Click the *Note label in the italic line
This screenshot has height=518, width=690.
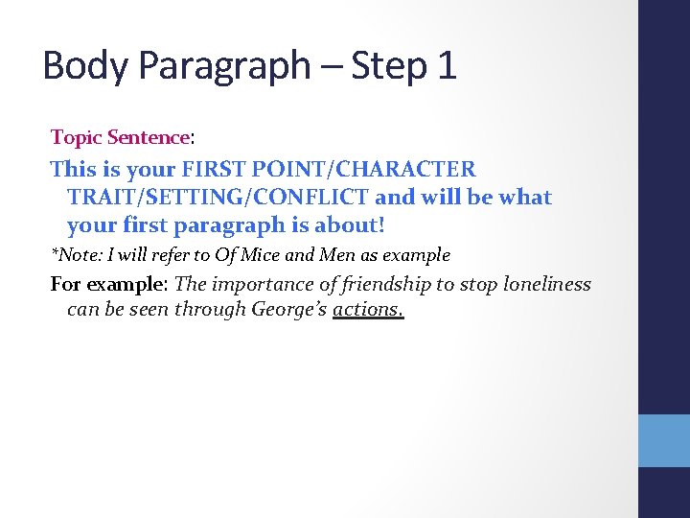[x=74, y=255]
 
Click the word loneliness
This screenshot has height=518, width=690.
[x=547, y=285]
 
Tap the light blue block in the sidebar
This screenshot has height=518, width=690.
[x=664, y=440]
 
